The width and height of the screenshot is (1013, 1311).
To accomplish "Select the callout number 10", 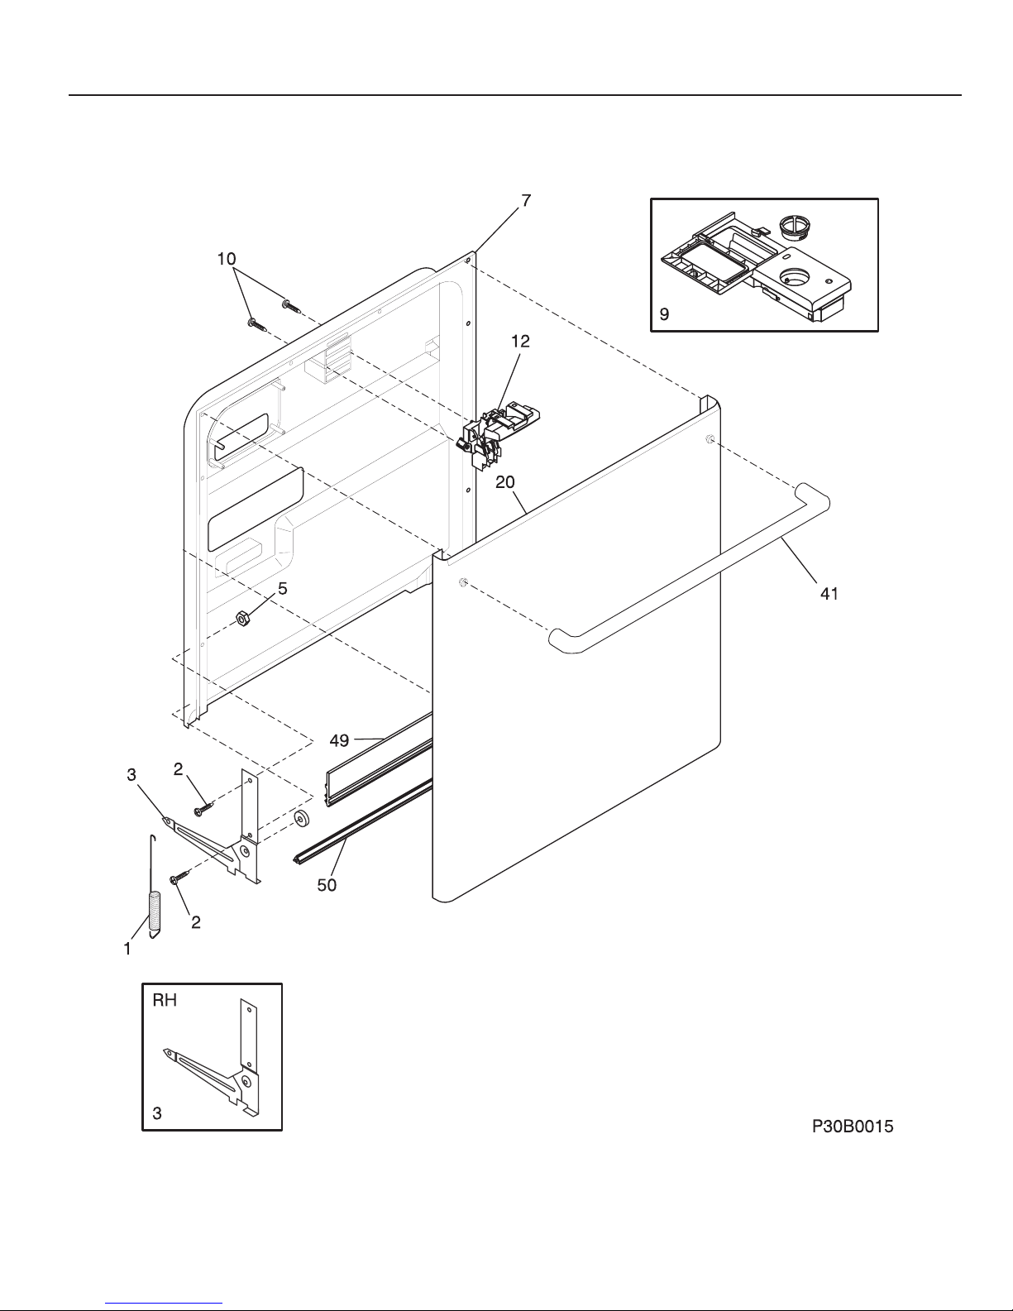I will (x=226, y=259).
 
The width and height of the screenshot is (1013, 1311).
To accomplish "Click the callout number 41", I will (x=829, y=593).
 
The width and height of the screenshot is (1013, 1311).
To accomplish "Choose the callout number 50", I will (x=327, y=885).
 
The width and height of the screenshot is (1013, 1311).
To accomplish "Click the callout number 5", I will (x=282, y=589).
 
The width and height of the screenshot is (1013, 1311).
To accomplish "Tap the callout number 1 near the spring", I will (x=127, y=950).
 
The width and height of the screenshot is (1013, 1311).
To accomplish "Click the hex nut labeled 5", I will (x=243, y=618).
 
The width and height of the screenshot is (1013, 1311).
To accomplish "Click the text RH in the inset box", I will (x=165, y=1001).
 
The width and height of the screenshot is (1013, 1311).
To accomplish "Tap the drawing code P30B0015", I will (x=852, y=1127).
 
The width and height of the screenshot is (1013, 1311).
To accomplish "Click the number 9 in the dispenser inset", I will (x=664, y=315).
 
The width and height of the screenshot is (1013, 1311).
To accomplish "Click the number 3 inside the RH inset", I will (x=157, y=1114).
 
